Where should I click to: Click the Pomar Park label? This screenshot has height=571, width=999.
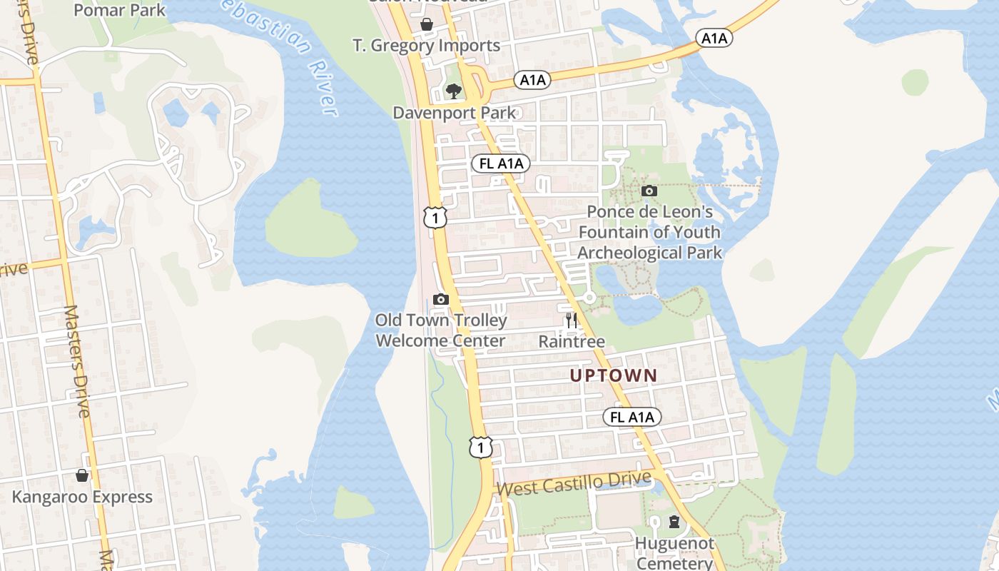119,11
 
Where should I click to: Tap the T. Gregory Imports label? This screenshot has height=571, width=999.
426,46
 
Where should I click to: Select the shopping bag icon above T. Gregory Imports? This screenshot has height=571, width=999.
427,25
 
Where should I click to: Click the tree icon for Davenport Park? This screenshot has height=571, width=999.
453,91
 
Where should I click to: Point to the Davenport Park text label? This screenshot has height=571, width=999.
454,113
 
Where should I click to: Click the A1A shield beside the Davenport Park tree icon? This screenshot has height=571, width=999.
532,80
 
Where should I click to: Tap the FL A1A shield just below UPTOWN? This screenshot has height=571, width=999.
632,417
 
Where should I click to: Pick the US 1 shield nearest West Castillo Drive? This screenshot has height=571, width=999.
481,447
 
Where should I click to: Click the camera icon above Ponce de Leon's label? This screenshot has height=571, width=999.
649,191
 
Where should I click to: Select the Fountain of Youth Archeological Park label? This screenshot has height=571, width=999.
649,232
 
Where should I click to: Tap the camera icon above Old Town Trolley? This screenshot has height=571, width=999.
441,299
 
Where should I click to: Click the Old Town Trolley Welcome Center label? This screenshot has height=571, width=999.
441,330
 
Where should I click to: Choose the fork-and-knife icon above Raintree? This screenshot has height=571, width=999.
571,320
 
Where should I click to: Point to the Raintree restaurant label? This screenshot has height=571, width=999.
571,341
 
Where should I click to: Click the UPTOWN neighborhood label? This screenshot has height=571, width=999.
614,375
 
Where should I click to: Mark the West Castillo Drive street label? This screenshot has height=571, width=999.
574,485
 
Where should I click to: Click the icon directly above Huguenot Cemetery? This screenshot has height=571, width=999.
674,522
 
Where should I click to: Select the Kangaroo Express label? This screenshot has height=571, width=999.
82,497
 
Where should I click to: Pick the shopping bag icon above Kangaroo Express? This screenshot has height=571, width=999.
82,475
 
